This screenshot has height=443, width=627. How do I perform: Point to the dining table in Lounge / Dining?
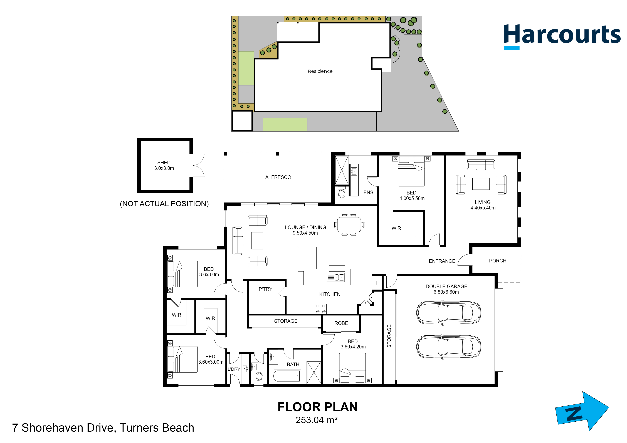click(x=349, y=224)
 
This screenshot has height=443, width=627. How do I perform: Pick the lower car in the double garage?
click(x=448, y=346)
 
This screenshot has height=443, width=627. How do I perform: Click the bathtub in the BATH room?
click(x=287, y=376)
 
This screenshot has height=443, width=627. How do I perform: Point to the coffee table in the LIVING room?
click(x=481, y=184)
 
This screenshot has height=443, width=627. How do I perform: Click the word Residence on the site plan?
click(x=320, y=71)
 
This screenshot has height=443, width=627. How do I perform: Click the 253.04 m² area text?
click(x=316, y=420)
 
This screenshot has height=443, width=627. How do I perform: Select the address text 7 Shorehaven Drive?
click(x=103, y=428)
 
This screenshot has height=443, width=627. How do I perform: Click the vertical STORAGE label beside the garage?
click(x=389, y=336)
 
